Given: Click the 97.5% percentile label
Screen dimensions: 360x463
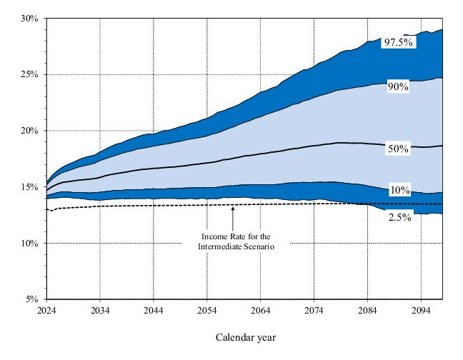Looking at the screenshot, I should click(398, 42).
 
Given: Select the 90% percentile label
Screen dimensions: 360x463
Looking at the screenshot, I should click(397, 87).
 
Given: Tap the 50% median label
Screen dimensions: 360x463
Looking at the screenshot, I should click(397, 149).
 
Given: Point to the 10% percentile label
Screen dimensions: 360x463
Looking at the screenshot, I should click(399, 190).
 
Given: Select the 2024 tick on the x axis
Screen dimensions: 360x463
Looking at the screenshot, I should click(46, 311).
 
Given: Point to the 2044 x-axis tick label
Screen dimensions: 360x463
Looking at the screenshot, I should click(153, 311).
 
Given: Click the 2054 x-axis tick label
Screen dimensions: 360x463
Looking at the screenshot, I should click(206, 311).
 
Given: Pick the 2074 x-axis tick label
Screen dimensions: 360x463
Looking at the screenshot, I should click(314, 311).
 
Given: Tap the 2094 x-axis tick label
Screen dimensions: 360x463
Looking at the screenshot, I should click(421, 311).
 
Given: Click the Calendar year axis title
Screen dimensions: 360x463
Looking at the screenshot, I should click(245, 336).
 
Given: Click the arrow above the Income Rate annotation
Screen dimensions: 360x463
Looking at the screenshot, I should click(234, 215).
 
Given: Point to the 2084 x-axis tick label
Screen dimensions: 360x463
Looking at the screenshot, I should click(367, 311).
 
